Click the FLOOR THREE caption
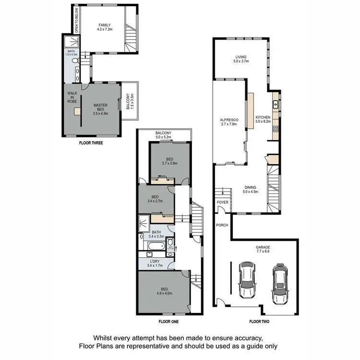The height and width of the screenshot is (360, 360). tap(91, 143)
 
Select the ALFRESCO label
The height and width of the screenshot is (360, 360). tap(226, 120)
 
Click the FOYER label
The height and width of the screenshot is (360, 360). tap(222, 203)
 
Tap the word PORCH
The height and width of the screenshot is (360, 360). tap(222, 225)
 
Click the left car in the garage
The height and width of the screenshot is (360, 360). tap(246, 280)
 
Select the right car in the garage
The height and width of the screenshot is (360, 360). tap(279, 284)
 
